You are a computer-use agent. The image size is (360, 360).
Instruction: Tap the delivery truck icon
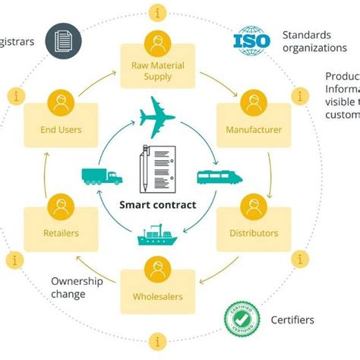click(x=101, y=175)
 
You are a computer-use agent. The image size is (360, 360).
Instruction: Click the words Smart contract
click(x=158, y=205)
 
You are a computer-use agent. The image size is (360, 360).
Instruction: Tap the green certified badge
click(x=242, y=320)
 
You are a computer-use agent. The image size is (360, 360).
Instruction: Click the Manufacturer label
click(x=254, y=130)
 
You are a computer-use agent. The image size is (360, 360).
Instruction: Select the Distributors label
click(x=254, y=233)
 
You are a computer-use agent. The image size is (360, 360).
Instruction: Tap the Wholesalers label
click(x=158, y=296)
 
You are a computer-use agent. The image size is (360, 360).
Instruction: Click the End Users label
click(x=61, y=130)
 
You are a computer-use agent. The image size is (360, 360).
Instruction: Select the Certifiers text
click(x=292, y=320)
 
